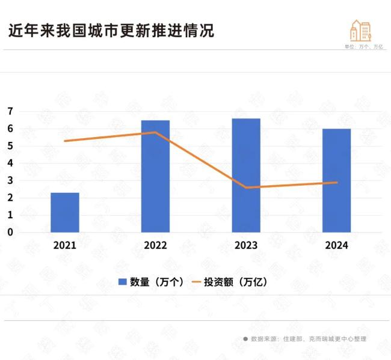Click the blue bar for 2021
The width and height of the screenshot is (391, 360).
point(65,212)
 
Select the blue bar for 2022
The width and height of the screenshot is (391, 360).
point(155,176)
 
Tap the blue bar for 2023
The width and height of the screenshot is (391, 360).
point(246,175)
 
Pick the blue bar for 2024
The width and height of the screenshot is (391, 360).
point(336,180)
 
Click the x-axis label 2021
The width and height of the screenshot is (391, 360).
point(65,245)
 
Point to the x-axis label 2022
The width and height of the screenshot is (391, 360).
point(155,245)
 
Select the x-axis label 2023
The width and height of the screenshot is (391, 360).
point(246,245)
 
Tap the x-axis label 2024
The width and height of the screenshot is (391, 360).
point(336,245)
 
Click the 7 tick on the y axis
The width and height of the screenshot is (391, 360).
point(10,111)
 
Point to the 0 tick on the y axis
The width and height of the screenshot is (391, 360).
point(10,232)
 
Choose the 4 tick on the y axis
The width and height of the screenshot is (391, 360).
point(10,163)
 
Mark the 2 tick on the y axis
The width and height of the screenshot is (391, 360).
point(10,198)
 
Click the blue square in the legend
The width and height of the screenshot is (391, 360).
point(122,282)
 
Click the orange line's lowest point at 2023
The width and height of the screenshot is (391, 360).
point(246,188)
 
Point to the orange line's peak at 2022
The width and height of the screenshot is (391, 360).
point(155,132)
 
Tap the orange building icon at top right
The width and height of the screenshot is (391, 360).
point(360,31)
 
